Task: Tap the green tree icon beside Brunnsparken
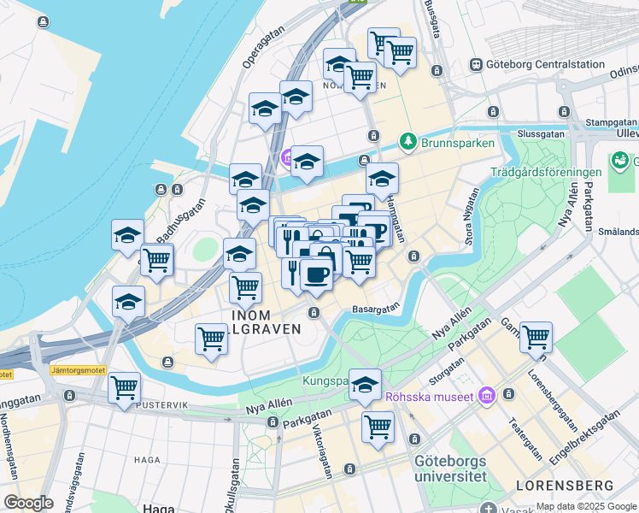409,143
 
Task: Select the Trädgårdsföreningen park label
546,173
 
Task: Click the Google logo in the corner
28,502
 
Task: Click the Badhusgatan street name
180,219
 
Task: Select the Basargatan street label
376,310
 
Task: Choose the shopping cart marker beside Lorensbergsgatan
536,337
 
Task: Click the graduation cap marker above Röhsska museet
365,385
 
